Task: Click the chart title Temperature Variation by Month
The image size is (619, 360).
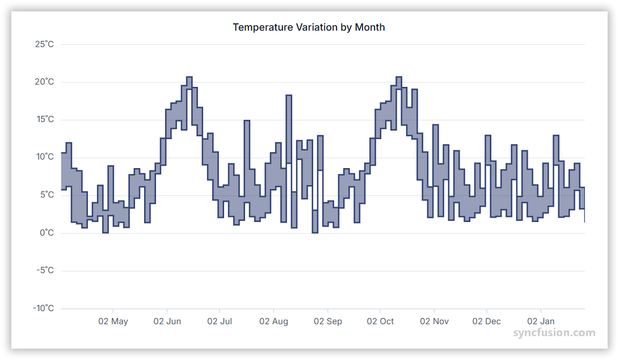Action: [309, 27]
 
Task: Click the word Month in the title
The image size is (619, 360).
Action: [370, 27]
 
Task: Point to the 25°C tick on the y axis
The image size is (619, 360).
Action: [44, 44]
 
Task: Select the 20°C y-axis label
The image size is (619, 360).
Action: [44, 82]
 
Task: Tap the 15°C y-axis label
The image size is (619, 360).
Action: [44, 120]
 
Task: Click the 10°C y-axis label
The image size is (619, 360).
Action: [44, 157]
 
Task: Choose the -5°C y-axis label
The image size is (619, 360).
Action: [45, 270]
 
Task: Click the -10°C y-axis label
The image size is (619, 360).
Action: [43, 308]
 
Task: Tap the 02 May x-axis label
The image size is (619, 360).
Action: [113, 321]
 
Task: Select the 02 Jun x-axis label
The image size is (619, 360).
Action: [167, 321]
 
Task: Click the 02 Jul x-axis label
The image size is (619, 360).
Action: [220, 321]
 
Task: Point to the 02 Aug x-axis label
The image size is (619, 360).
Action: [273, 321]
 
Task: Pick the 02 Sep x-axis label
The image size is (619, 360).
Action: [328, 321]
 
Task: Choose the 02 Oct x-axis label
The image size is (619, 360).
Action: [380, 321]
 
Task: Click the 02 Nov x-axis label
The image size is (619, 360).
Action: [434, 321]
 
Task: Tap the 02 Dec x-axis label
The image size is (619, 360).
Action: [487, 321]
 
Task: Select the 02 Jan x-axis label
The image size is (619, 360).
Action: [541, 321]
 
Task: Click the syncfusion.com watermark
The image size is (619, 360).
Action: [554, 333]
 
